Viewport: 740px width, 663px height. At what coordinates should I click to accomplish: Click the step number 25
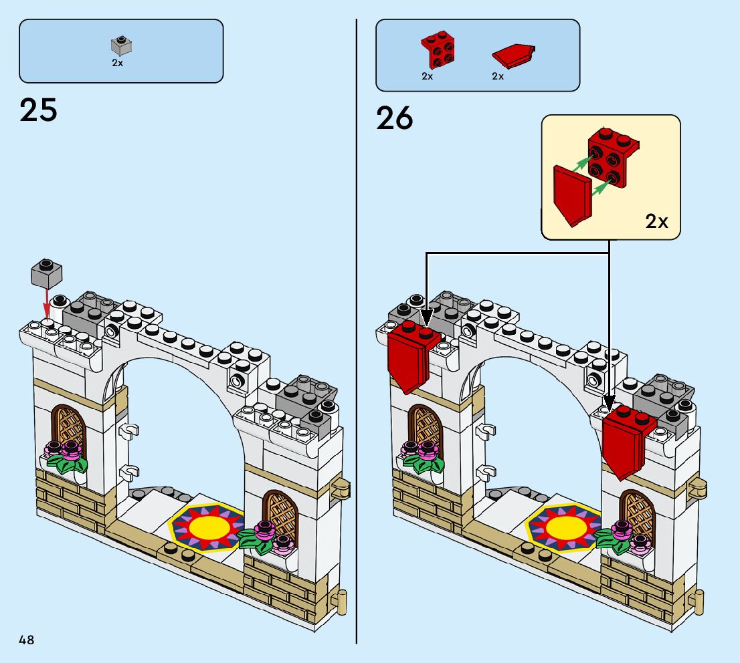click(x=39, y=110)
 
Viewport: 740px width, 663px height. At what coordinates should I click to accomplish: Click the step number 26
click(x=395, y=118)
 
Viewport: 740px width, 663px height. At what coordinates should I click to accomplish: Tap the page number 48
click(x=27, y=640)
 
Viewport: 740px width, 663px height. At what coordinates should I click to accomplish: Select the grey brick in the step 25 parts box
click(x=121, y=45)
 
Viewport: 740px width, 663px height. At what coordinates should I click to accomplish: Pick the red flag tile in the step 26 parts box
click(x=513, y=55)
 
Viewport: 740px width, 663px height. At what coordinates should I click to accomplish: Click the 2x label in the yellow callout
click(x=656, y=221)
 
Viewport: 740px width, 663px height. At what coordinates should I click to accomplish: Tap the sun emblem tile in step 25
click(x=209, y=525)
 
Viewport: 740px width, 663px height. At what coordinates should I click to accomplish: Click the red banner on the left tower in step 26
click(x=409, y=356)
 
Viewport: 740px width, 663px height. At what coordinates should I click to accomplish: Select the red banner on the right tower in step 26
click(x=626, y=441)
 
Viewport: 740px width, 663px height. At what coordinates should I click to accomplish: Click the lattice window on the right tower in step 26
click(x=636, y=517)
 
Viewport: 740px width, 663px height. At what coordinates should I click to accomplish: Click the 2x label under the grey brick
click(x=117, y=63)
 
